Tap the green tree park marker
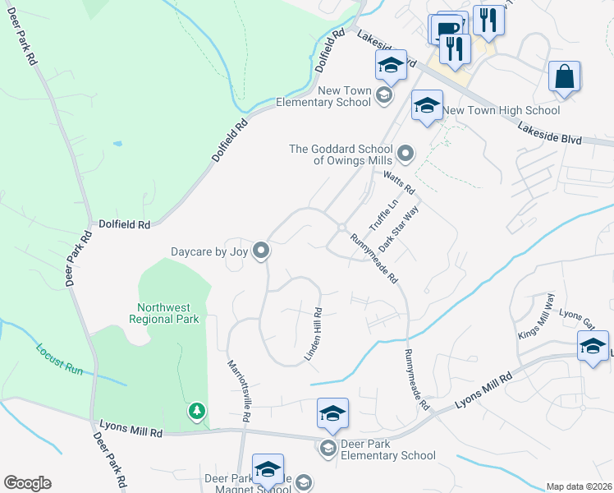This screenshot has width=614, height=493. [x=196, y=411]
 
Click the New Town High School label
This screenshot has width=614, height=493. [x=502, y=110]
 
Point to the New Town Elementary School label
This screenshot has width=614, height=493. [x=323, y=96]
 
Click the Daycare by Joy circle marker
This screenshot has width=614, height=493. [x=261, y=250]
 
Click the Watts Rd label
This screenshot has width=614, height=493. [x=399, y=182]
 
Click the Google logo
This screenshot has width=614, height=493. [x=27, y=483]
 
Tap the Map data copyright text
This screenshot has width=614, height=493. [x=579, y=486]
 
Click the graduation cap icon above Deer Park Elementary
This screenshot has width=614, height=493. [x=332, y=412]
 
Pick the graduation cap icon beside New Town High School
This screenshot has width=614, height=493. [x=426, y=105]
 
